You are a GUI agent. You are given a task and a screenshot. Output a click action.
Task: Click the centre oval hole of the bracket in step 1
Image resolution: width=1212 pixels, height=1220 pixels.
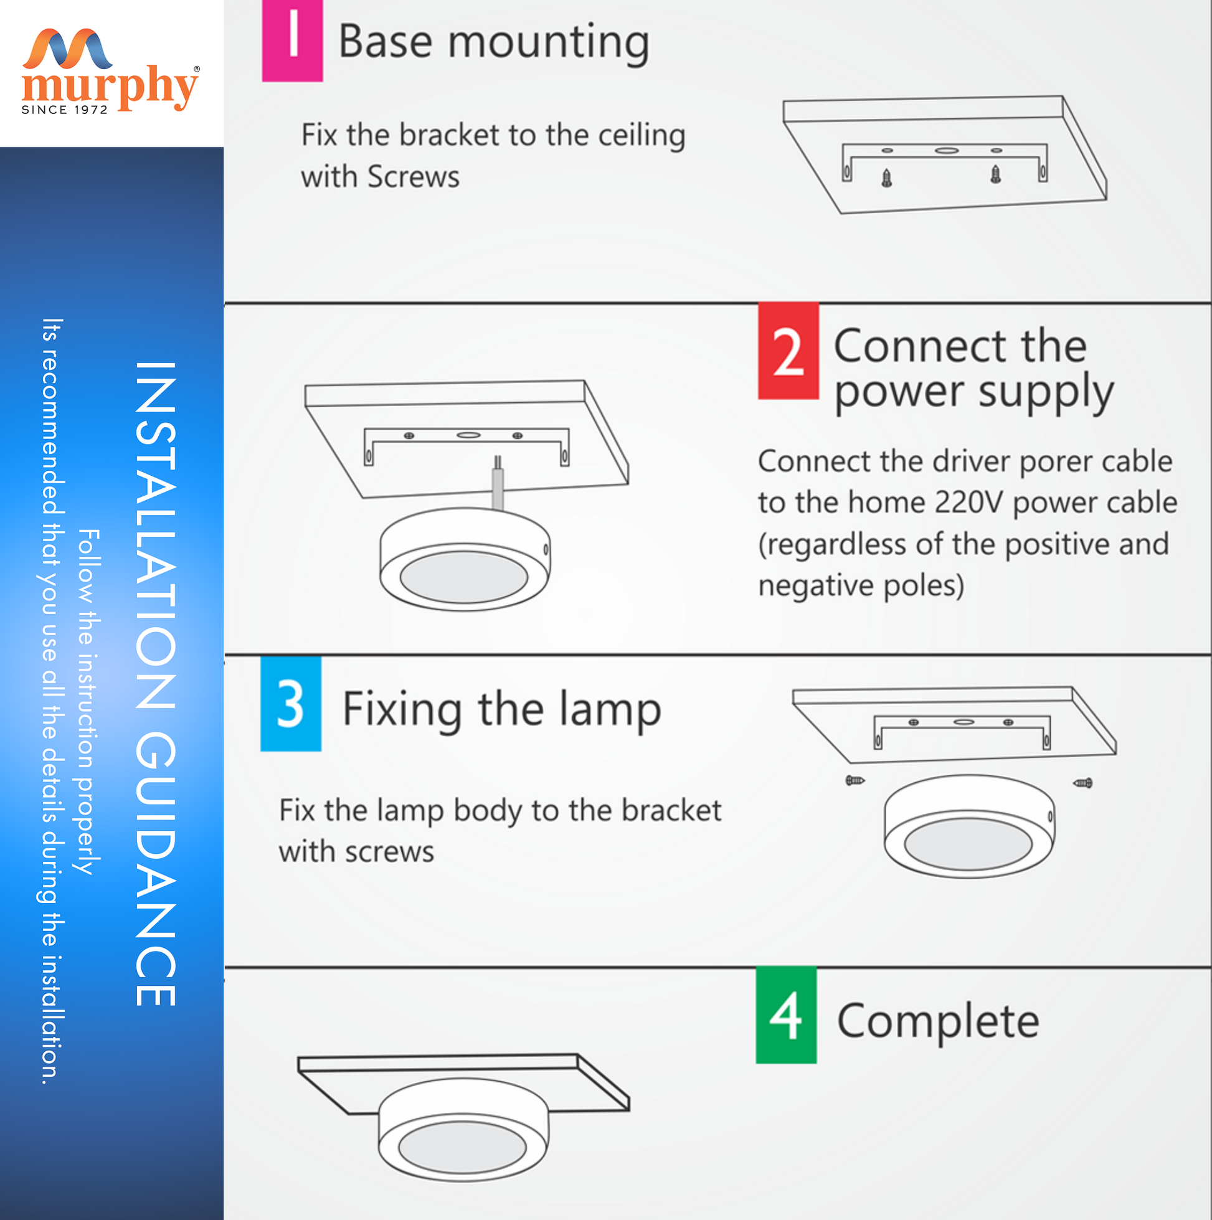946,150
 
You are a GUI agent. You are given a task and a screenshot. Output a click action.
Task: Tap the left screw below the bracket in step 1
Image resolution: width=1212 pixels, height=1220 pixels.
887,178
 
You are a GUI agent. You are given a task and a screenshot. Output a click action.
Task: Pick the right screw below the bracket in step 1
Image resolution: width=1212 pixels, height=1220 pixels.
995,174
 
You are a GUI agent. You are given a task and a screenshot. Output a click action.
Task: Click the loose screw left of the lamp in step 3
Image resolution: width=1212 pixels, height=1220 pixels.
855,780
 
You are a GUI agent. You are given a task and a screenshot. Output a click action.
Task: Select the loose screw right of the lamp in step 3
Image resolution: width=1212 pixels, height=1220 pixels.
1082,783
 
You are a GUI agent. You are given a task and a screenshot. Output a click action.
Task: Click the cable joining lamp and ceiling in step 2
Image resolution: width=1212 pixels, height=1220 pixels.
498,483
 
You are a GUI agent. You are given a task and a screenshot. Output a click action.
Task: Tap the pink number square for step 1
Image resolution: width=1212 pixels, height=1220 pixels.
293,40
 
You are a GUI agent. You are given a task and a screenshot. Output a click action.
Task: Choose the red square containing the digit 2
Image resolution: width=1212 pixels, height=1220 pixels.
788,351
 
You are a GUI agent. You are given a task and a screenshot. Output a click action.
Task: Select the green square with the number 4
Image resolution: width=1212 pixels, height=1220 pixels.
787,1015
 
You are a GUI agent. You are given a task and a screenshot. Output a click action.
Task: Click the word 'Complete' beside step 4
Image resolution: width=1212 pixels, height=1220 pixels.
938,1021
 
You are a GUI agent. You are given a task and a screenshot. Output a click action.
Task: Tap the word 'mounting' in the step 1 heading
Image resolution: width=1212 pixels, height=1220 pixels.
548,43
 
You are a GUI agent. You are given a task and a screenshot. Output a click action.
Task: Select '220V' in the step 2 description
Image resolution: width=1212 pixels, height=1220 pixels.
968,503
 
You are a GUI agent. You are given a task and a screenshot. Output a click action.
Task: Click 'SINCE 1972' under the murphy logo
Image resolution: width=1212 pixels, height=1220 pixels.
65,110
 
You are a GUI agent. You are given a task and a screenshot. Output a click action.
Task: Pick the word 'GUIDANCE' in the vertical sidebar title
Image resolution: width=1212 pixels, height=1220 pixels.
155,869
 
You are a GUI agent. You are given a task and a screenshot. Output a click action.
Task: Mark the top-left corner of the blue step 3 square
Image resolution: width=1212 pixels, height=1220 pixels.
261,657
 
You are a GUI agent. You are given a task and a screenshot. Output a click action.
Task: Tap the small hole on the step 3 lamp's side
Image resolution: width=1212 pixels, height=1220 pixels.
1050,817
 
